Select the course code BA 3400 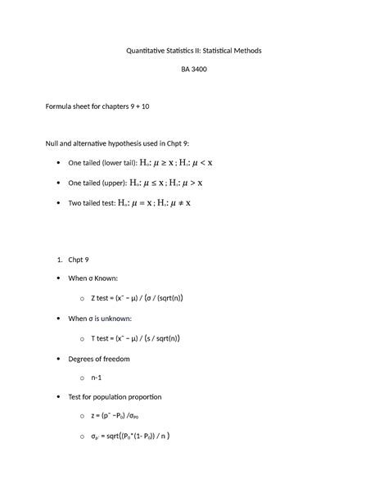193,70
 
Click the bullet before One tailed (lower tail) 56,164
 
